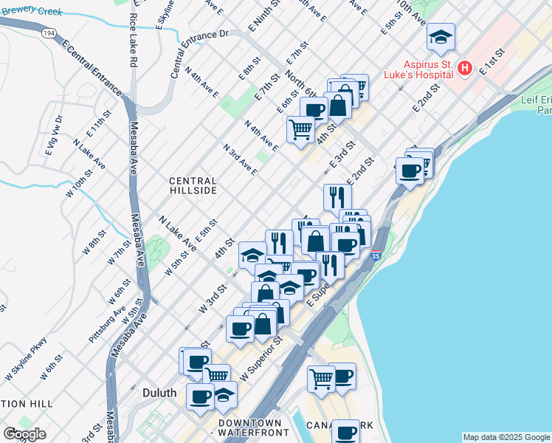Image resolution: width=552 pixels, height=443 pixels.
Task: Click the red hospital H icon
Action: click(x=465, y=69)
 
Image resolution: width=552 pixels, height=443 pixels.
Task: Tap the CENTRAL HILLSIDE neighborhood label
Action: click(x=193, y=185)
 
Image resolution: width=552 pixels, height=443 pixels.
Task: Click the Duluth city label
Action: click(x=159, y=393)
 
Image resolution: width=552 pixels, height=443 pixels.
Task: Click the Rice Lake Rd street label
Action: click(x=133, y=41)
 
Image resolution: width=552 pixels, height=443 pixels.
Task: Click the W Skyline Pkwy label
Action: click(x=27, y=359)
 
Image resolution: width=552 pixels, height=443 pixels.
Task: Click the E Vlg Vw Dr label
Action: click(x=54, y=135)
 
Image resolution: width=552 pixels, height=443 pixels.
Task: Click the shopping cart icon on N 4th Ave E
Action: click(x=300, y=130)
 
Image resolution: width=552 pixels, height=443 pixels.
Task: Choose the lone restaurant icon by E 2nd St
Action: click(x=337, y=197)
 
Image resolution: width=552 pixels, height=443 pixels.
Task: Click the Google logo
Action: click(x=24, y=434)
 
